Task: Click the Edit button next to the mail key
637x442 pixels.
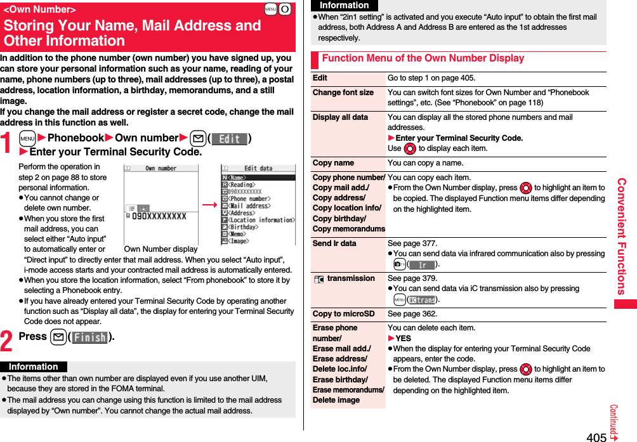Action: coord(229,138)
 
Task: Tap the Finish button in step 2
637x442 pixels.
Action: coord(89,337)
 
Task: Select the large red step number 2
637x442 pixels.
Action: coord(7,340)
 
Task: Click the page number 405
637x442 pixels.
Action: coord(596,436)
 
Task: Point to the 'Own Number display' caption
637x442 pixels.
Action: coord(161,249)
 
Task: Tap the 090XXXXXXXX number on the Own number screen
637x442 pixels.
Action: coord(159,216)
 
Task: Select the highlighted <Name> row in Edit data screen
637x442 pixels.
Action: coord(258,177)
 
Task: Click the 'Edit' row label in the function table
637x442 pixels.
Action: coord(320,78)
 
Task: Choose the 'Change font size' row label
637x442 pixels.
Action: coord(343,93)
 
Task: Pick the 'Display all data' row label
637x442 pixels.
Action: coord(341,117)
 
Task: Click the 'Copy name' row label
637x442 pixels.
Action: coord(334,163)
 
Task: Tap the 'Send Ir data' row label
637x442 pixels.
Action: coord(334,244)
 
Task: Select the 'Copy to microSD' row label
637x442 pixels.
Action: coord(344,314)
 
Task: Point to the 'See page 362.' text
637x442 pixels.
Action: coord(412,314)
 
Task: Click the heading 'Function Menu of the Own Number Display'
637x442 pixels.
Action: coord(423,58)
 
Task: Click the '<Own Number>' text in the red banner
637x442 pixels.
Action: coord(39,10)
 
